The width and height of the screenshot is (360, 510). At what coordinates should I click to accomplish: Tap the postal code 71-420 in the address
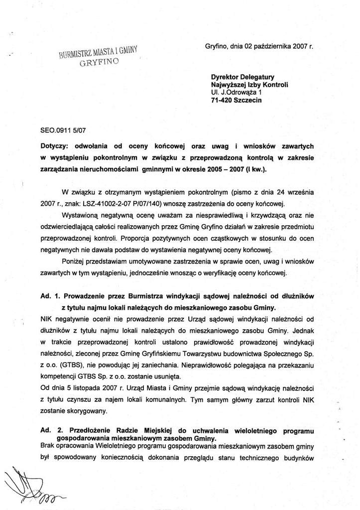click(222, 100)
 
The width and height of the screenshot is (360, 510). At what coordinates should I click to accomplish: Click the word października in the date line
click(272, 46)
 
